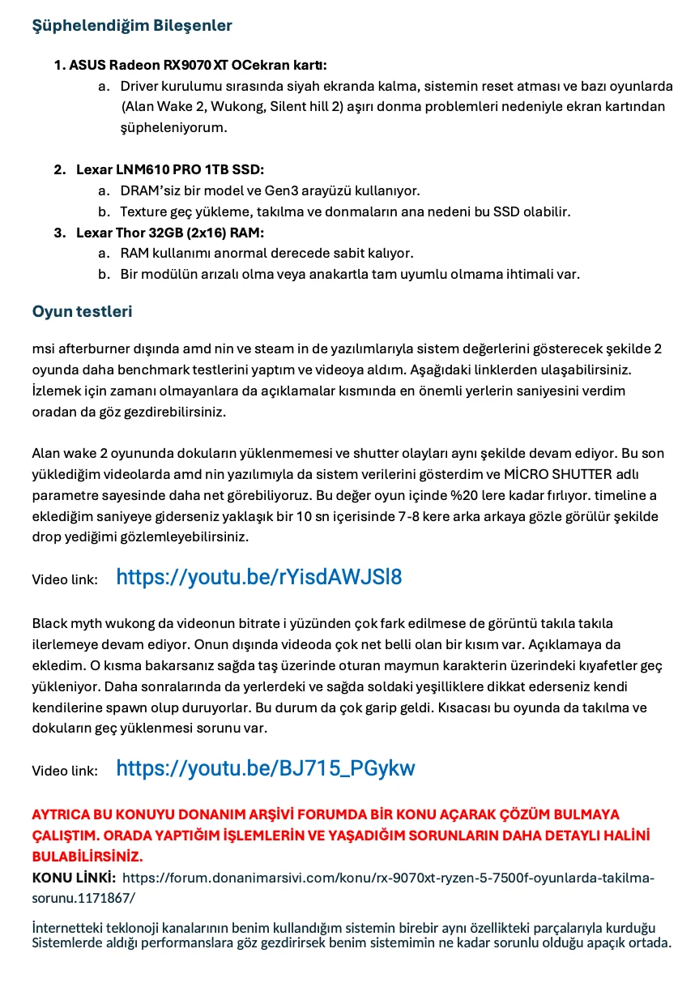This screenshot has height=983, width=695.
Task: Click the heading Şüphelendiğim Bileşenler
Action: [x=132, y=26]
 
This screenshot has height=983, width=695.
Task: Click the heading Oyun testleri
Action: [x=82, y=311]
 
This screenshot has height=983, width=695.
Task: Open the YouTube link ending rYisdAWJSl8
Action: [x=259, y=577]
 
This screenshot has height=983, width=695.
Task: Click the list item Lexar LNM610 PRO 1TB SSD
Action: [x=170, y=170]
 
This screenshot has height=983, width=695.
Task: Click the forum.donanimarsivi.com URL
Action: [x=389, y=877]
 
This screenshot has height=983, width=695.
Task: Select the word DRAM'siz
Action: [x=148, y=191]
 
